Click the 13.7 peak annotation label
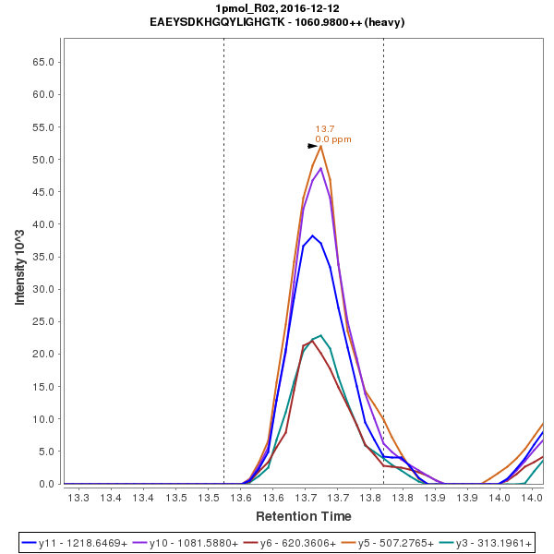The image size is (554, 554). pos(325,129)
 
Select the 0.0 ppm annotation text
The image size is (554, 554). pos(333,139)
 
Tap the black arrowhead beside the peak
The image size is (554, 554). pos(313,146)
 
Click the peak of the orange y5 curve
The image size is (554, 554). pos(320,146)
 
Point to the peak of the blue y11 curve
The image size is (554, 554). pos(312,235)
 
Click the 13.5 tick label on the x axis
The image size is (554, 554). pos(176,498)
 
